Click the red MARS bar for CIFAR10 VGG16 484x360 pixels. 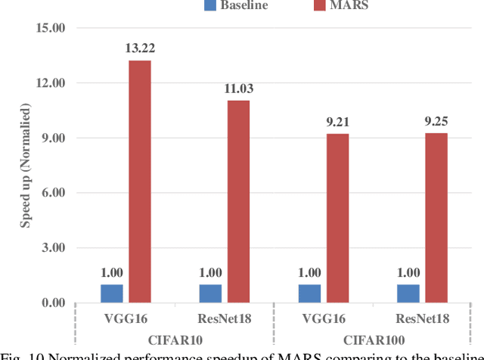point(139,182)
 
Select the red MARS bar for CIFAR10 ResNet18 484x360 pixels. point(238,202)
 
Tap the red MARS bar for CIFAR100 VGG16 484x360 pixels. point(337,219)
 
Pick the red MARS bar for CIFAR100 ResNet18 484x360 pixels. point(436,218)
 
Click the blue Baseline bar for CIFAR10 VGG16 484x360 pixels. point(112,293)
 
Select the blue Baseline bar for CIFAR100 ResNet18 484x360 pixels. point(409,293)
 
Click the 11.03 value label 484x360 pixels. point(238,89)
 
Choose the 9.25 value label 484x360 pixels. point(436,123)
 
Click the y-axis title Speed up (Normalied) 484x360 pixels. point(25,166)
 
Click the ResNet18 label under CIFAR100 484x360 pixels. point(422,318)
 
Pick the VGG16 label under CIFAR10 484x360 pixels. point(126,318)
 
